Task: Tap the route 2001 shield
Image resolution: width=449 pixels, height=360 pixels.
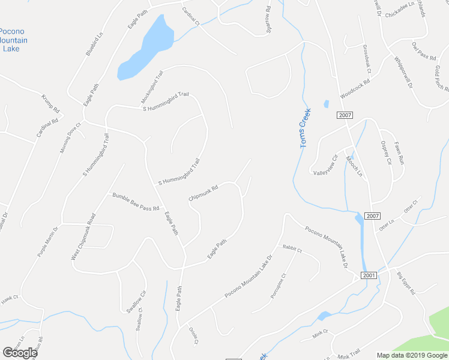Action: pyautogui.click(x=369, y=275)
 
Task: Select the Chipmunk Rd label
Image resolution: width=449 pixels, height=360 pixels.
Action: pyautogui.click(x=203, y=192)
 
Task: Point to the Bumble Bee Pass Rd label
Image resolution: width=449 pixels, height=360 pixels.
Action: pyautogui.click(x=135, y=202)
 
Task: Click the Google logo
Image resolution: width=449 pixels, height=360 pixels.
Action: pyautogui.click(x=20, y=352)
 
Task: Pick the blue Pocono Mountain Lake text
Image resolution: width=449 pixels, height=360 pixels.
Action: pyautogui.click(x=12, y=40)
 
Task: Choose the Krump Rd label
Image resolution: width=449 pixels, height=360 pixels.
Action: pyautogui.click(x=51, y=103)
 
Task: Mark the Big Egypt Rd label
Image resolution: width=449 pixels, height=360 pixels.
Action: pyautogui.click(x=406, y=284)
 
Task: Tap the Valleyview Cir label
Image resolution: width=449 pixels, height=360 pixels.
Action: pyautogui.click(x=327, y=167)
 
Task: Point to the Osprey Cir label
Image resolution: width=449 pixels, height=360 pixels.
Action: pyautogui.click(x=385, y=152)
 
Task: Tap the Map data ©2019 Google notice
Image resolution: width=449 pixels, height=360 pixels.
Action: pyautogui.click(x=412, y=355)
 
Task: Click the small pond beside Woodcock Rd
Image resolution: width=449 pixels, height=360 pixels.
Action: pyautogui.click(x=326, y=104)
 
